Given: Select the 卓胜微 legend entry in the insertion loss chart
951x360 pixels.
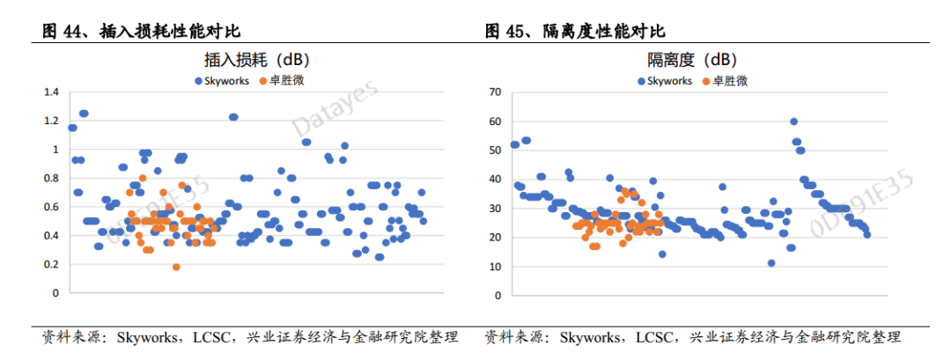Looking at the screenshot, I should tap(284, 81).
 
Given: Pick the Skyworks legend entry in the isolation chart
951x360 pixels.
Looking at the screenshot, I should tap(665, 81).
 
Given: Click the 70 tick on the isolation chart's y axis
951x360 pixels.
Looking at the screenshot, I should tap(494, 92).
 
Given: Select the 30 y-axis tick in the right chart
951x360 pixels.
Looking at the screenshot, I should tap(494, 209).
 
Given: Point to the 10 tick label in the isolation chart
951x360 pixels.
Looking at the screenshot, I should tap(494, 267).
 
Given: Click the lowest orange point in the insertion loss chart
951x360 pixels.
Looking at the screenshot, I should tap(176, 267).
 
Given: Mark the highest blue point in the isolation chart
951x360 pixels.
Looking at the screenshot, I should tap(793, 121).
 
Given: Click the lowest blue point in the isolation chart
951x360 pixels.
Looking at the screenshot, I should tap(771, 263).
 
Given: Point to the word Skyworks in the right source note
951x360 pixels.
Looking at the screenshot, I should tap(589, 337).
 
